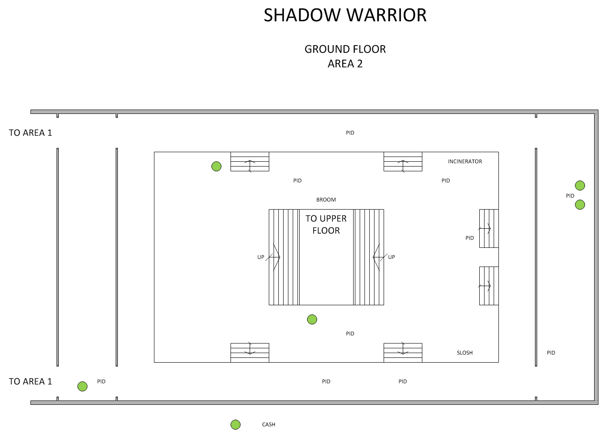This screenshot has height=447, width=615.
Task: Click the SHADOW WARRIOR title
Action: pyautogui.click(x=345, y=15)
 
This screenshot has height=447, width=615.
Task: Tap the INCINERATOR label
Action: pyautogui.click(x=465, y=161)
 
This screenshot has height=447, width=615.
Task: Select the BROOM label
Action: pyautogui.click(x=326, y=200)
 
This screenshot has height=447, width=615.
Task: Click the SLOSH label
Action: pyautogui.click(x=465, y=353)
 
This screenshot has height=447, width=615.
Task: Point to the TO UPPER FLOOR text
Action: pyautogui.click(x=326, y=224)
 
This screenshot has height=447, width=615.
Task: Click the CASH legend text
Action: pyautogui.click(x=268, y=424)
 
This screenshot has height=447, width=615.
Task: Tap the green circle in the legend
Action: pyautogui.click(x=235, y=425)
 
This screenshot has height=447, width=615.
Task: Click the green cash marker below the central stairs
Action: pyautogui.click(x=312, y=320)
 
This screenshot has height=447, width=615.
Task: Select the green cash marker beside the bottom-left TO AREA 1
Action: pyautogui.click(x=82, y=386)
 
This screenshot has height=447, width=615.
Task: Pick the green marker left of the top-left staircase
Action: pyautogui.click(x=216, y=166)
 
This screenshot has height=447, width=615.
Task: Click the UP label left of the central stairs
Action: pyautogui.click(x=261, y=257)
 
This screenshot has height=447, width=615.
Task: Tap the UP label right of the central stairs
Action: pyautogui.click(x=391, y=257)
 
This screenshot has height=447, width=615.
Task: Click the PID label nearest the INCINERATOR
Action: pyautogui.click(x=445, y=180)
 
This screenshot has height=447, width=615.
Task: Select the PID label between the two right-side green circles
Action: pyautogui.click(x=570, y=196)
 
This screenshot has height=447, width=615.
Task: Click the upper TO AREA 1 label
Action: pyautogui.click(x=30, y=133)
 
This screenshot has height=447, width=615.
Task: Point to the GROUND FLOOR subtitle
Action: pyautogui.click(x=345, y=49)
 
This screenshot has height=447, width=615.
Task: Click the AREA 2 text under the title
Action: pyautogui.click(x=345, y=64)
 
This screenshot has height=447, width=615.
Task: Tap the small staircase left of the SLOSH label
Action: pyautogui.click(x=403, y=352)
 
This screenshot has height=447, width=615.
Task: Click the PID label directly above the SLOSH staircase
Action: pyautogui.click(x=350, y=334)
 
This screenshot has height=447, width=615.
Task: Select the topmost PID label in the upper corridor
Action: pyautogui.click(x=350, y=133)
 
